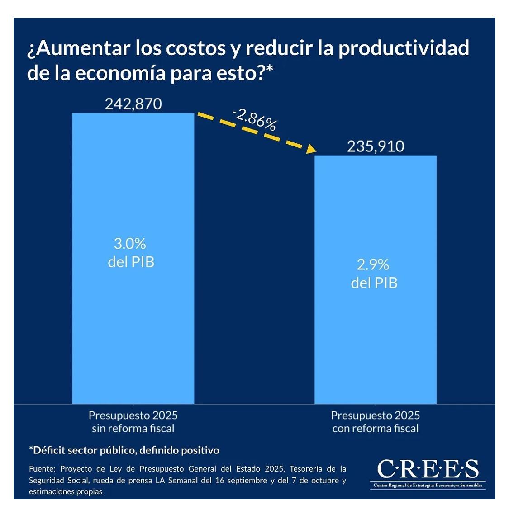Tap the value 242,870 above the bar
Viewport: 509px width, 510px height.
coord(133,104)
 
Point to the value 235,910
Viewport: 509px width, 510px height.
coord(376,146)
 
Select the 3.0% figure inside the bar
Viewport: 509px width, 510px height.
coord(130,244)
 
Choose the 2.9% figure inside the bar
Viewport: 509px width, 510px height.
coord(373,264)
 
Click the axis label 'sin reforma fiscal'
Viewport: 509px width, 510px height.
coord(133,429)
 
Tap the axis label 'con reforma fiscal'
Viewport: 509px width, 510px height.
coord(376,429)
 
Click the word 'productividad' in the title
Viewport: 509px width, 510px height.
coord(404,48)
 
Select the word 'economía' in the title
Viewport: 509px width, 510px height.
coord(120,73)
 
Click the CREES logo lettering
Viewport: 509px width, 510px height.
coord(428,469)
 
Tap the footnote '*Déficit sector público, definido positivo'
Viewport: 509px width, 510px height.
coord(124,450)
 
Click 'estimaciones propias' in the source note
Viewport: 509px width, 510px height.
coord(66,491)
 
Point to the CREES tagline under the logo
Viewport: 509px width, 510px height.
coord(428,486)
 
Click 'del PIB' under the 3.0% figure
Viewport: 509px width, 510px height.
coord(131,262)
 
